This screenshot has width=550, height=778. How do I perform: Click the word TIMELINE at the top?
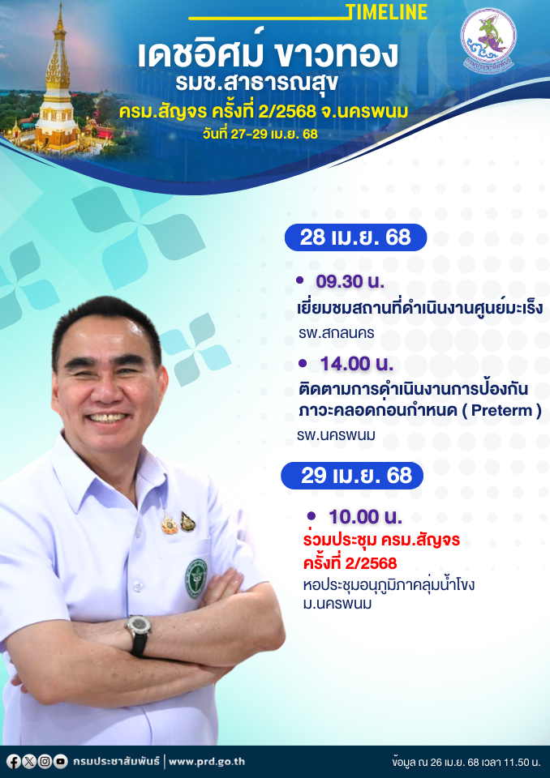click(x=388, y=12)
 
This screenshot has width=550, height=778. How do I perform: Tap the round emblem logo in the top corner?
click(x=488, y=40)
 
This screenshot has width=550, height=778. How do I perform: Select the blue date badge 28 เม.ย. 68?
click(x=356, y=237)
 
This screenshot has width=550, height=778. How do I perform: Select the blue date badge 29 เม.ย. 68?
click(x=352, y=476)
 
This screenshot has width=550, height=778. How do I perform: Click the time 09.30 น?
click(x=350, y=281)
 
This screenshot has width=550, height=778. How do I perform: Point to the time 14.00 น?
click(x=357, y=364)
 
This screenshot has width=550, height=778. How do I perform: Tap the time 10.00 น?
click(x=365, y=517)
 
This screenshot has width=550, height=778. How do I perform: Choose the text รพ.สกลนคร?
click(x=337, y=333)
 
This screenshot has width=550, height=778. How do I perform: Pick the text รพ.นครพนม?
click(x=337, y=436)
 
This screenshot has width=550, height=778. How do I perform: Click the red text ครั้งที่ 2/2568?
click(x=350, y=563)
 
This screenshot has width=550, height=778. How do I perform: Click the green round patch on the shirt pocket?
click(x=196, y=578)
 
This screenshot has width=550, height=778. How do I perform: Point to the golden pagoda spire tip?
click(x=60, y=4)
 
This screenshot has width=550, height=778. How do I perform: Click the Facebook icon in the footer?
click(x=14, y=761)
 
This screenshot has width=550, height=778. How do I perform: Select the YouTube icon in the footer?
click(x=60, y=761)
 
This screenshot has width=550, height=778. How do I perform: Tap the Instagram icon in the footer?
click(x=45, y=761)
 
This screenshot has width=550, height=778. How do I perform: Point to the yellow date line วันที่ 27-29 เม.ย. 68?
click(x=260, y=134)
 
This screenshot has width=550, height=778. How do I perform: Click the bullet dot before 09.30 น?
click(x=299, y=280)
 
